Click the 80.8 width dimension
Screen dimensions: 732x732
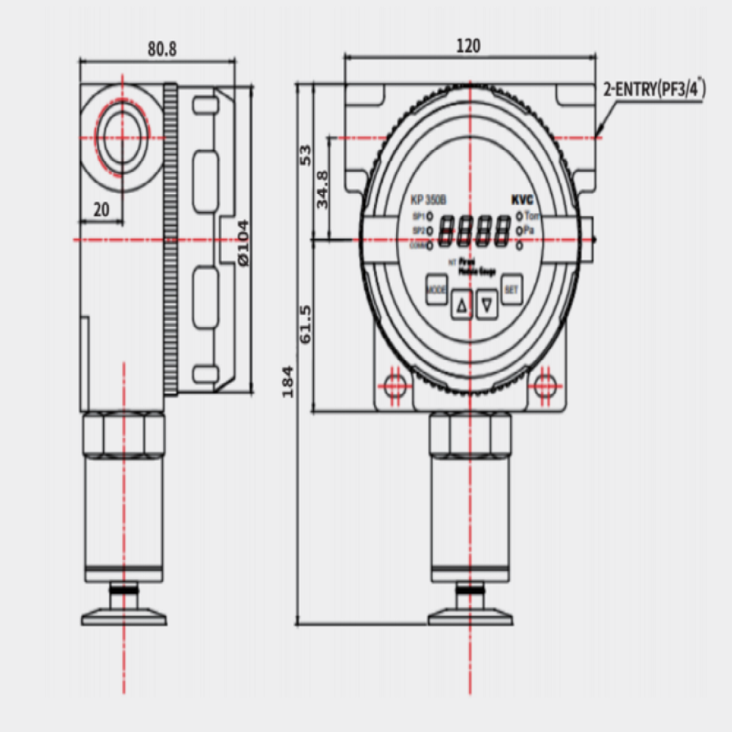163,49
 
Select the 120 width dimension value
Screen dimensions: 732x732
468,45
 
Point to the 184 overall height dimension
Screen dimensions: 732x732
288,381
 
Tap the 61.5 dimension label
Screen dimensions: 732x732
306,324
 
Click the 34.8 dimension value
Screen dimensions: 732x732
323,190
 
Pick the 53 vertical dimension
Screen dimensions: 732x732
306,154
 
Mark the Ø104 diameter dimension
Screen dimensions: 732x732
243,242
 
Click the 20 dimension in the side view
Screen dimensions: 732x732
101,209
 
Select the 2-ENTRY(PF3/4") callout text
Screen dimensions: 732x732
654,90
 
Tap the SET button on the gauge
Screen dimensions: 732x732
511,290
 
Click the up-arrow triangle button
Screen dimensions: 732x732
461,305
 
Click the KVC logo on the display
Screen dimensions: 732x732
522,200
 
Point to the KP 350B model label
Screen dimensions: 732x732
428,200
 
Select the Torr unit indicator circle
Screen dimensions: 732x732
519,216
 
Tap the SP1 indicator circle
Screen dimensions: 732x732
430,217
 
